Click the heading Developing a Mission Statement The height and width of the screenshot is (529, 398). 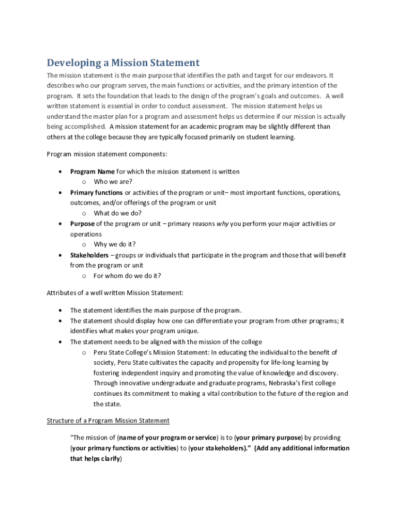click(123, 63)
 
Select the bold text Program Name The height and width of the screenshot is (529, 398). click(93, 172)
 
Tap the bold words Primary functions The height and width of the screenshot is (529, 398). click(96, 193)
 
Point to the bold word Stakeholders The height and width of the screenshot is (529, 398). click(89, 255)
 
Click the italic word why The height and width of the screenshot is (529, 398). click(222, 224)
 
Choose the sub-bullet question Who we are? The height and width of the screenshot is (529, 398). click(113, 182)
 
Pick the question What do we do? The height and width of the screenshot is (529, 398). click(117, 213)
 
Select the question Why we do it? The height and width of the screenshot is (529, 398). click(114, 244)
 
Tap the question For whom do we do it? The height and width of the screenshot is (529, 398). click(127, 276)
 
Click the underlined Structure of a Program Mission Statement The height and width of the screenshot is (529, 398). click(108, 421)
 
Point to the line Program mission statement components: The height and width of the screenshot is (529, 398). click(107, 154)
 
